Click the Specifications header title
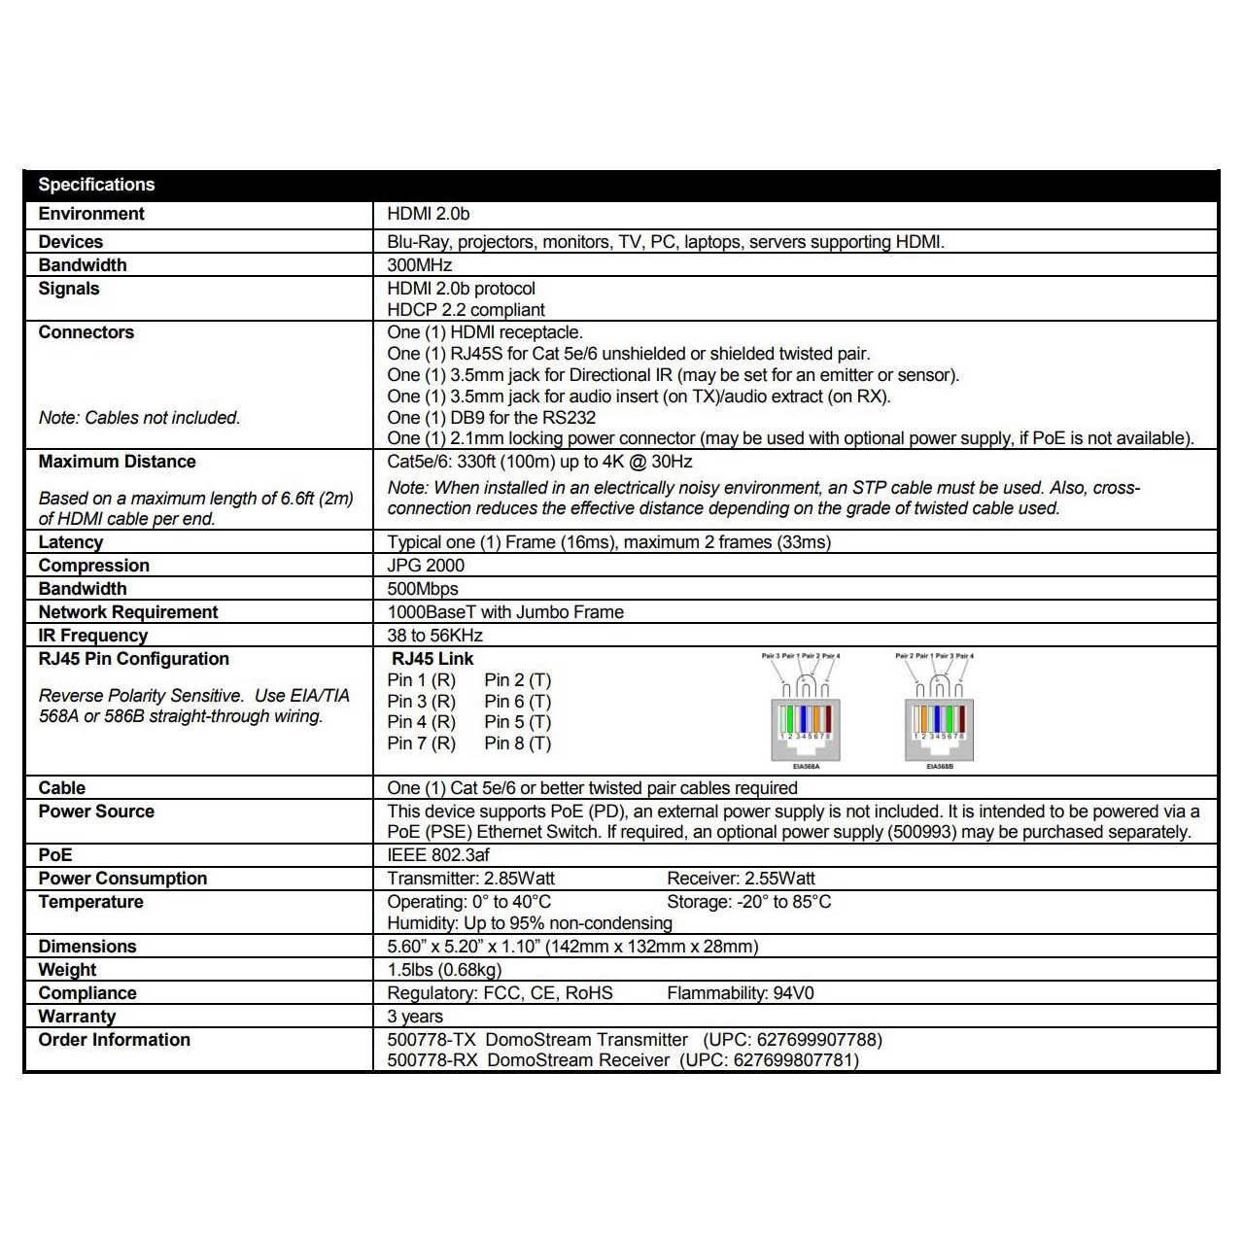(96, 185)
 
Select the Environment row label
(91, 214)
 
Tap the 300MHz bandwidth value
(420, 265)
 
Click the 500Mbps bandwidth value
(423, 589)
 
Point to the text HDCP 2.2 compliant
(466, 310)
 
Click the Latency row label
(71, 542)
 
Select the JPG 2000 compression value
(426, 566)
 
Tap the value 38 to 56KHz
(434, 636)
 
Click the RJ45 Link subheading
(432, 659)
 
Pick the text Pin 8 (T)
(517, 743)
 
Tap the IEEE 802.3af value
(438, 855)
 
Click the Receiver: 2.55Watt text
(741, 879)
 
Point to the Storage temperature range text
(748, 902)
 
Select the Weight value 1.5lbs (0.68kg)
(444, 970)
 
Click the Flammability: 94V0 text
(741, 993)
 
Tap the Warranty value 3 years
(415, 1017)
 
